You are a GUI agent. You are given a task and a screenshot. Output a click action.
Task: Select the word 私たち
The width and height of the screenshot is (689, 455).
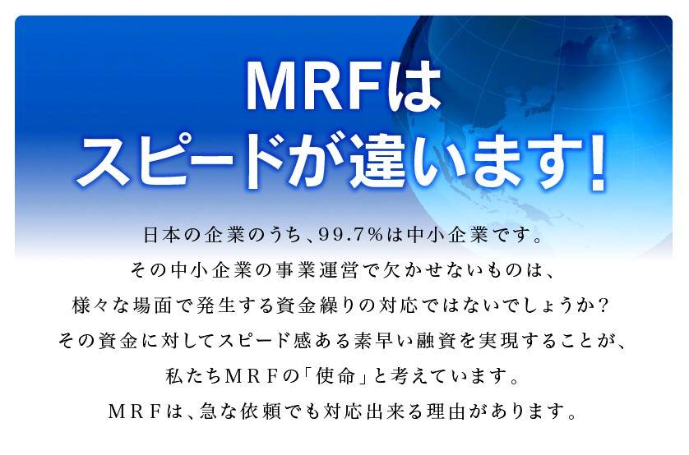tap(193, 375)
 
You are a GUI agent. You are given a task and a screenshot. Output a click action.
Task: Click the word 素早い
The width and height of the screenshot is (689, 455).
tap(378, 341)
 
